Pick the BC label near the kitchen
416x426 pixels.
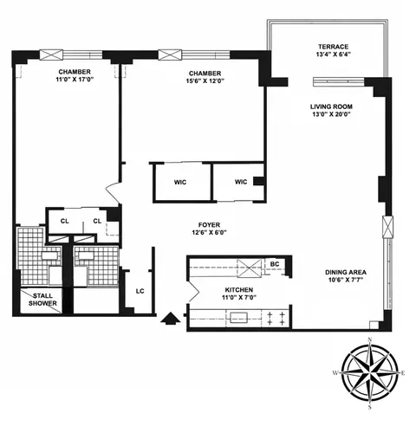click(x=275, y=264)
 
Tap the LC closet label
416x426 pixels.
click(x=139, y=290)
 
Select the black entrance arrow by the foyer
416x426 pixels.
click(x=172, y=319)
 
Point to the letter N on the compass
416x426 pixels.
click(x=370, y=339)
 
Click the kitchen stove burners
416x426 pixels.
click(x=275, y=317)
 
